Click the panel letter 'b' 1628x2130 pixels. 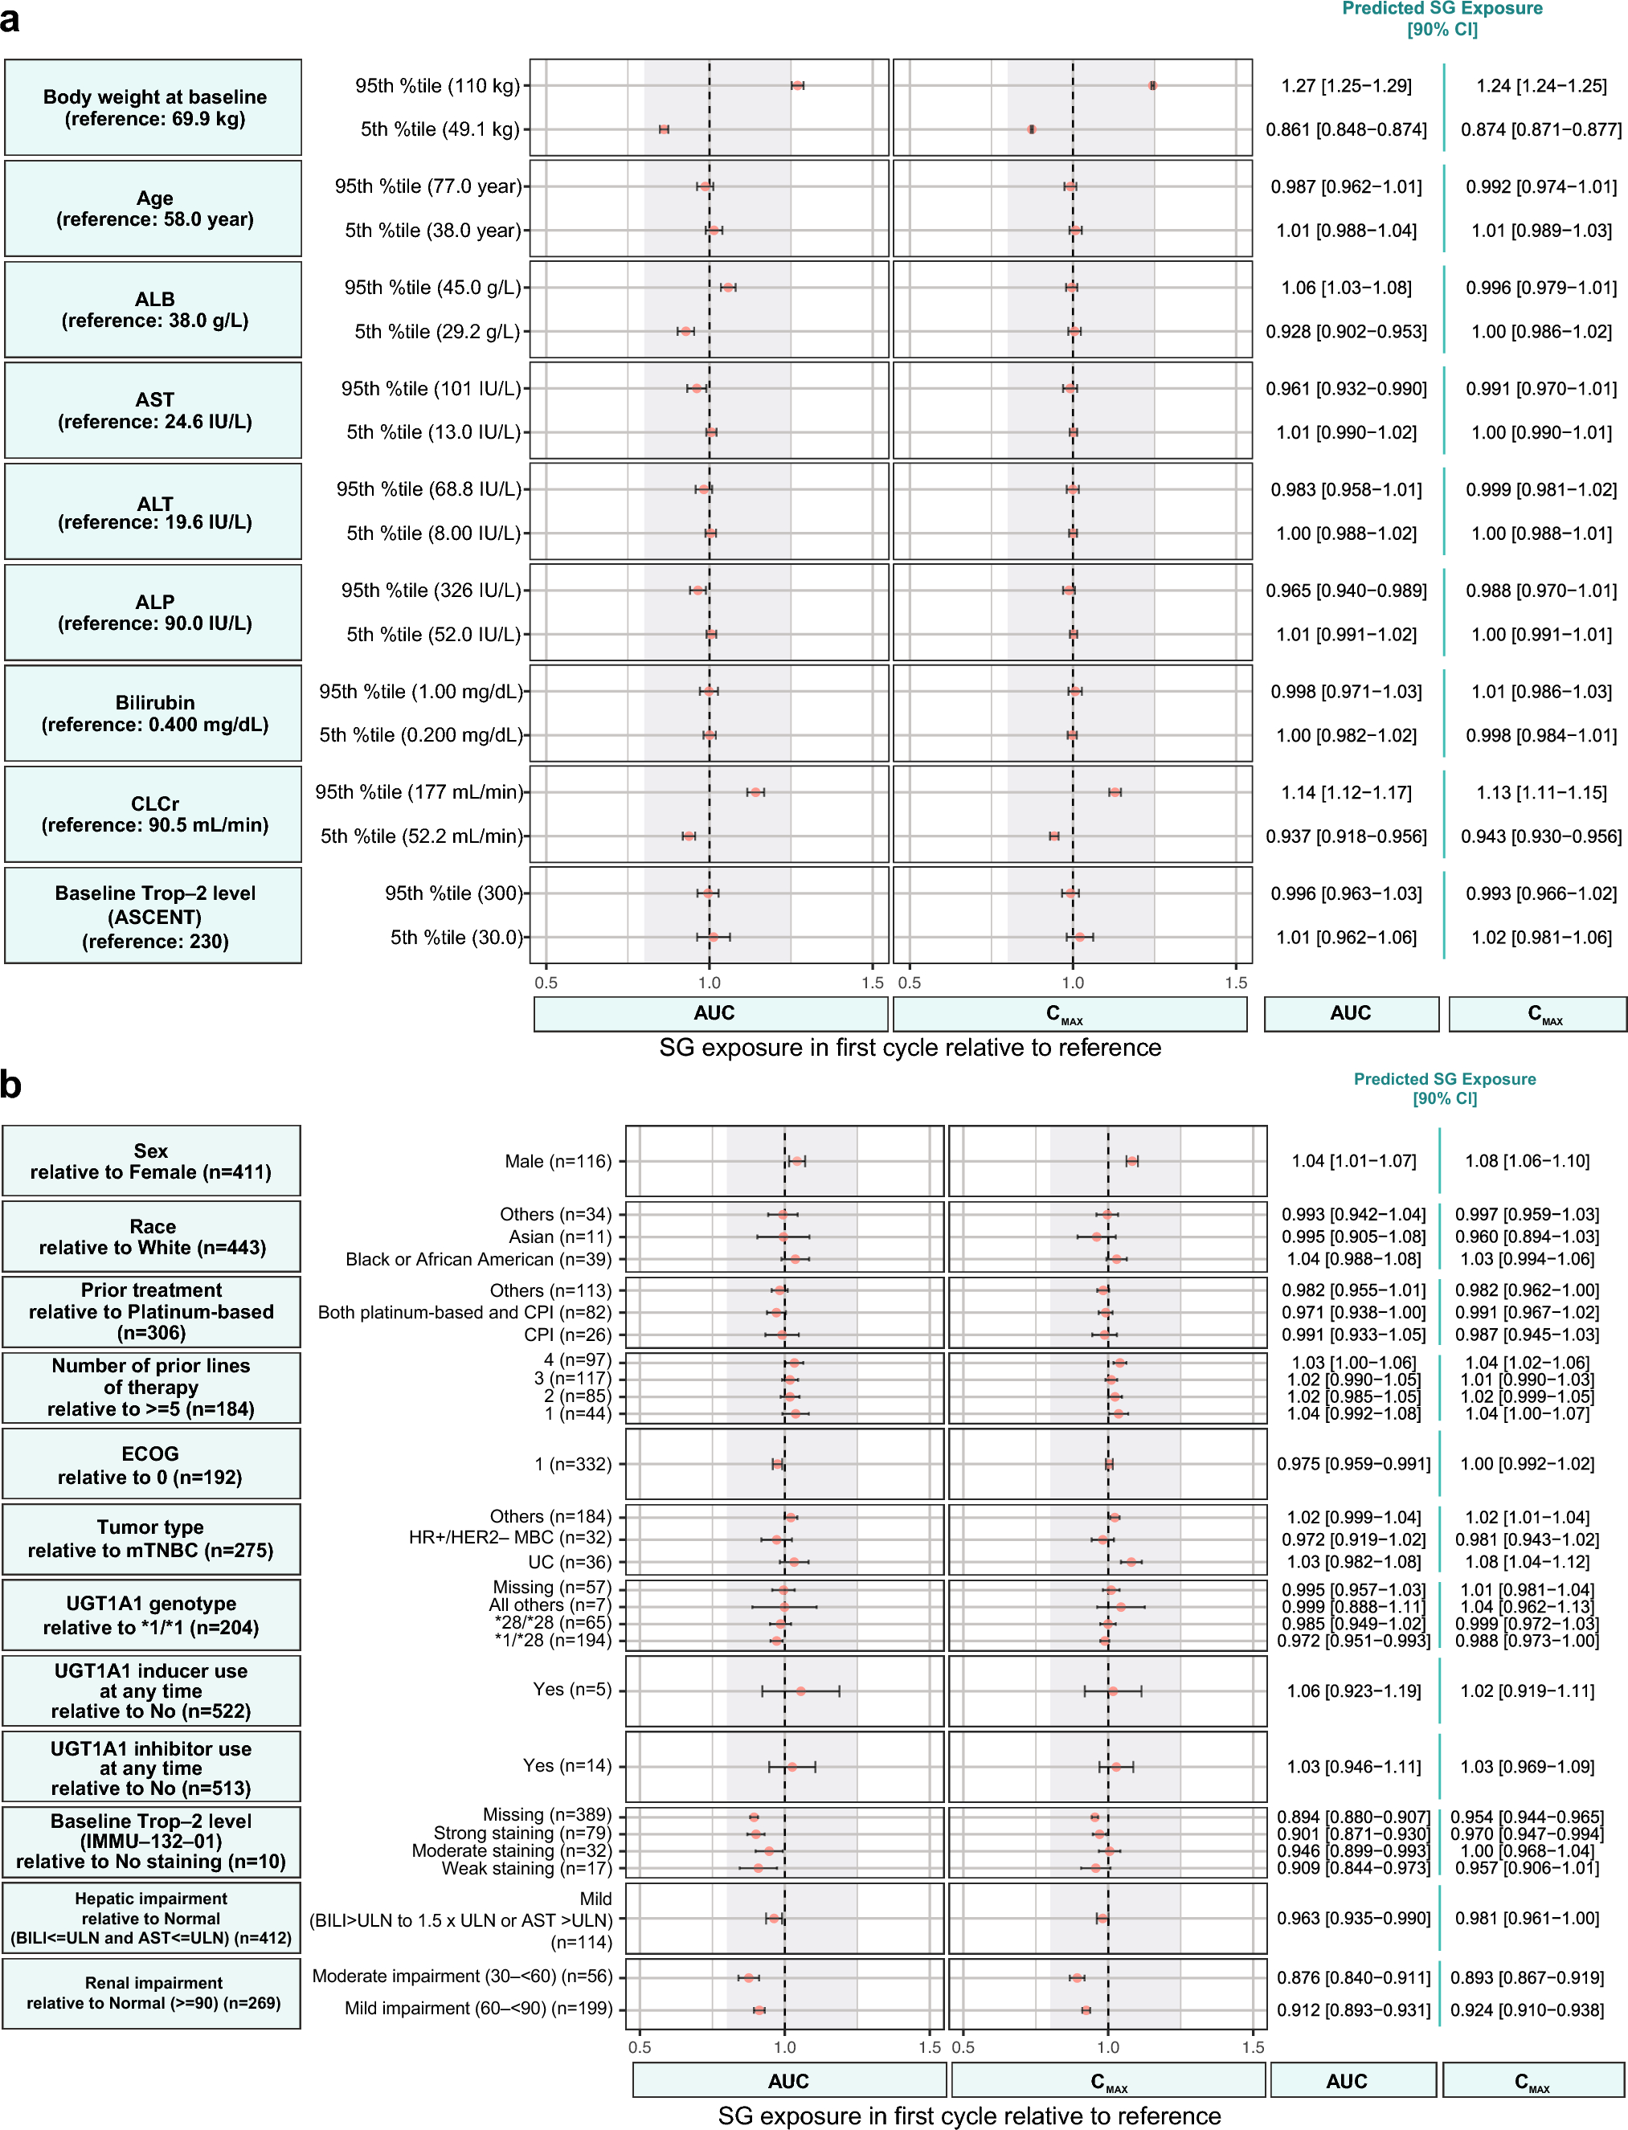coord(10,1083)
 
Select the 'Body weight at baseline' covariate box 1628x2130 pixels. coord(153,108)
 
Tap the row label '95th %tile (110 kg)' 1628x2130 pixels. coord(437,85)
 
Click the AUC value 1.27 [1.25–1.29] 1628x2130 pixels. coord(1346,85)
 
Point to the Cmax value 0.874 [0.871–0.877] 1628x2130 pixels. coord(1540,129)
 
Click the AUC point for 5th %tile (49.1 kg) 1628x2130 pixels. coord(664,129)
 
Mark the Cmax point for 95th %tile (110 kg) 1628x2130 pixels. coord(1152,85)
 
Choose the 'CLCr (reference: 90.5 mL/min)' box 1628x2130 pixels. coord(153,814)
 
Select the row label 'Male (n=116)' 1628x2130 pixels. coord(558,1161)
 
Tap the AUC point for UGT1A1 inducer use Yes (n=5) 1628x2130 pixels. coord(801,1691)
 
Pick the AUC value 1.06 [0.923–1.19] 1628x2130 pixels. coord(1353,1691)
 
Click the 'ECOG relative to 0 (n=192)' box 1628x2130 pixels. coord(151,1464)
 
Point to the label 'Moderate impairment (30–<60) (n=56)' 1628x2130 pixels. coord(462,1976)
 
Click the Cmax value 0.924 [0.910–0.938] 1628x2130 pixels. coord(1528,2009)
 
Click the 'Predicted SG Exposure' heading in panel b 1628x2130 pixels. coord(1444,1078)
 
